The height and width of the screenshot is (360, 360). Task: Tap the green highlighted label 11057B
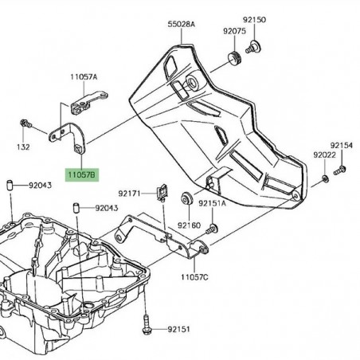click(x=80, y=173)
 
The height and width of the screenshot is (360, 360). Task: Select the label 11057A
click(x=83, y=76)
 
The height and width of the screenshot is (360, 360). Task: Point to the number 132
click(x=24, y=147)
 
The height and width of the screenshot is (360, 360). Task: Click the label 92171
click(x=129, y=193)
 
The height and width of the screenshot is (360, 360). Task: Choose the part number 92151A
click(x=212, y=204)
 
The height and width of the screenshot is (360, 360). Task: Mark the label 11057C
click(x=194, y=277)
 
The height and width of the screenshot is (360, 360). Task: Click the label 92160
click(x=188, y=225)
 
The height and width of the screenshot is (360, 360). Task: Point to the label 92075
click(x=234, y=30)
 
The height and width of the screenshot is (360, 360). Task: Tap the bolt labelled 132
click(x=24, y=124)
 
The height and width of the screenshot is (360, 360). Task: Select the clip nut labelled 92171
click(x=162, y=191)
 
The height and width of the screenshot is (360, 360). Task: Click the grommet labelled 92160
click(x=186, y=197)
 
